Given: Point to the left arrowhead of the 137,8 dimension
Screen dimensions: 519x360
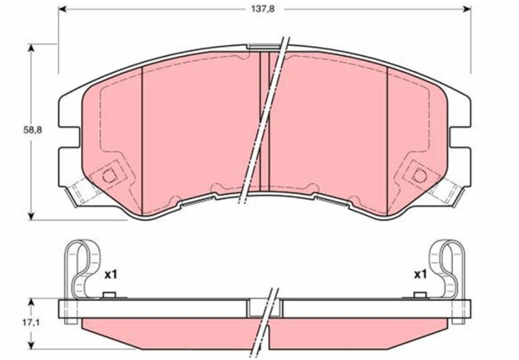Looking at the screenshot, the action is pyautogui.click(x=63, y=9).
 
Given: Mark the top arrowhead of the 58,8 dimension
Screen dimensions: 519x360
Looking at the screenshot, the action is pyautogui.click(x=30, y=49).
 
